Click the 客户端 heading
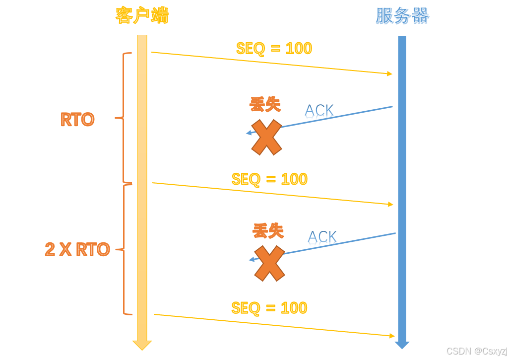click(x=142, y=15)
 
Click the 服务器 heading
click(x=402, y=16)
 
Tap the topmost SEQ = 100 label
click(x=274, y=49)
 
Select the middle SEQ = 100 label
click(x=269, y=179)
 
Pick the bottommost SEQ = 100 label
click(x=269, y=308)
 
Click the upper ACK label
click(x=319, y=110)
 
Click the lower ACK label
click(x=322, y=237)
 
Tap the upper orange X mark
click(x=266, y=137)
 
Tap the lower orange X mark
click(x=269, y=263)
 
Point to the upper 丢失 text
click(x=265, y=104)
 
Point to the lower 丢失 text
click(x=268, y=231)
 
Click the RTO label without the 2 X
click(x=77, y=120)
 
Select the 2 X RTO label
click(x=77, y=249)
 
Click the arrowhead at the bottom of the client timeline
click(x=142, y=345)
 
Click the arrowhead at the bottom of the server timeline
click(x=402, y=345)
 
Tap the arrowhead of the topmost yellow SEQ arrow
click(x=390, y=73)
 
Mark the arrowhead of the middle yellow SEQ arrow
click(x=390, y=204)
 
